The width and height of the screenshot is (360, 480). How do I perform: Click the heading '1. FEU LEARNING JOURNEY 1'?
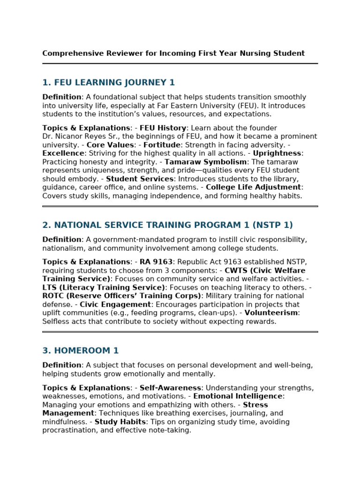click(108, 83)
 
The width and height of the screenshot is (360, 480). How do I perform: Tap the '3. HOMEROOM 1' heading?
click(80, 351)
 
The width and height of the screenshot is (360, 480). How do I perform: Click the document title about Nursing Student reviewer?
click(173, 53)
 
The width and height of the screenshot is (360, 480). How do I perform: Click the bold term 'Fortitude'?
click(162, 145)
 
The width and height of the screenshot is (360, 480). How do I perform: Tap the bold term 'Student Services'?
click(140, 179)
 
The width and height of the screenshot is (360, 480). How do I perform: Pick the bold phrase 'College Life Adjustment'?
click(253, 187)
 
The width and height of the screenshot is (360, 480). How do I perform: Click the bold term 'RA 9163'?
click(156, 262)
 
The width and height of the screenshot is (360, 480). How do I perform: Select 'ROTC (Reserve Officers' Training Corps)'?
click(121, 296)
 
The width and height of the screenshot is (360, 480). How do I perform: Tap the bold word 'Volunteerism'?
click(271, 313)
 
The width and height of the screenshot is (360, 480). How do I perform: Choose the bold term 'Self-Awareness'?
click(170, 388)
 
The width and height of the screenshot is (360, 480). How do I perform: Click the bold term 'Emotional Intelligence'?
click(238, 397)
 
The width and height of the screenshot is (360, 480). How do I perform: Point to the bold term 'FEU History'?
click(163, 128)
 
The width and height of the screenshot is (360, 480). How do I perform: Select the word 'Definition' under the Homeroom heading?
click(62, 365)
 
